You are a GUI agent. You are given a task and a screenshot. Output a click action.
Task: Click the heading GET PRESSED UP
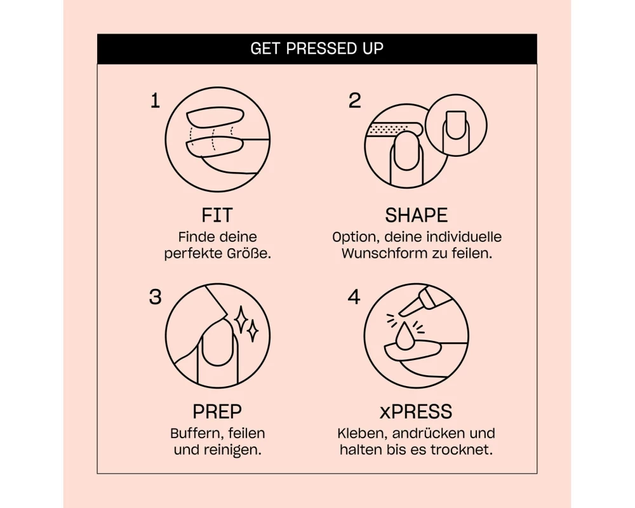click(317, 49)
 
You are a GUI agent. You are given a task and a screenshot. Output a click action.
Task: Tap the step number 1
click(155, 101)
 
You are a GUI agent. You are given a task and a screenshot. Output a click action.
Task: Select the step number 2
click(354, 100)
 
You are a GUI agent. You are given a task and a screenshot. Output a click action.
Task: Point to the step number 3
click(155, 297)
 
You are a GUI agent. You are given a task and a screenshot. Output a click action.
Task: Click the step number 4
click(354, 297)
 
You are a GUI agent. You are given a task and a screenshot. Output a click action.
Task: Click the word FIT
click(217, 215)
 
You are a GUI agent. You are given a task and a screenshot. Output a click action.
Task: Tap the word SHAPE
click(417, 215)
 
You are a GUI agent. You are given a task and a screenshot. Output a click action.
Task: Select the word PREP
click(217, 411)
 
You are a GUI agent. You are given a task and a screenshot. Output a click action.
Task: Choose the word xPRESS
click(416, 411)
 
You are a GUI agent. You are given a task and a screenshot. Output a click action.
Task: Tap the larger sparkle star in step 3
click(241, 319)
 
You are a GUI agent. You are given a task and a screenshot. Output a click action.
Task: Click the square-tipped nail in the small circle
click(455, 125)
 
